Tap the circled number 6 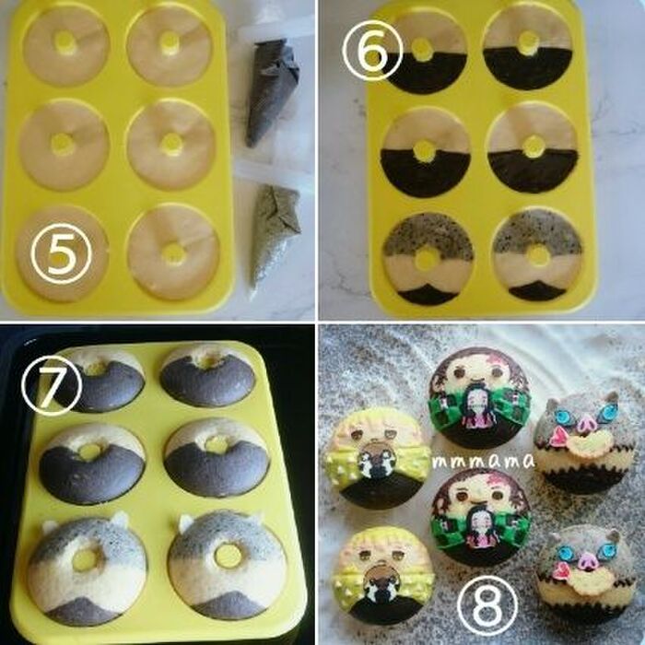(372, 51)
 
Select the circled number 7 (52, 388)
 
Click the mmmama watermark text (484, 461)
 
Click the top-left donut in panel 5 (66, 46)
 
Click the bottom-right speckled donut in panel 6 (537, 257)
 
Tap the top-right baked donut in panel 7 (207, 376)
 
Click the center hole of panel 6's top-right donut (529, 41)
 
